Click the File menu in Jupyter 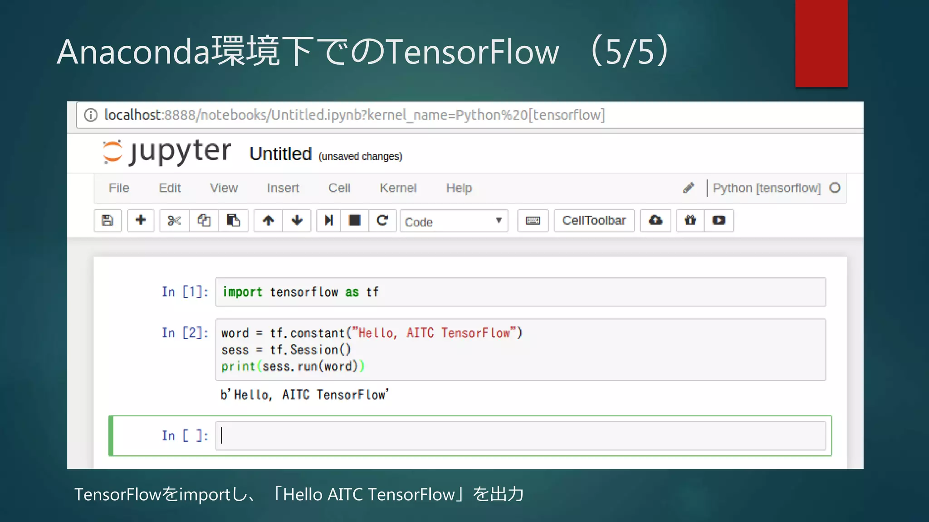pos(119,188)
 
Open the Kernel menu pos(398,188)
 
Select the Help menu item pos(459,188)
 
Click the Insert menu pos(283,188)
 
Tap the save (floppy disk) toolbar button pos(108,221)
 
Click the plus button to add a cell pos(141,221)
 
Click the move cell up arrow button pos(269,221)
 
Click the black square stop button pos(354,221)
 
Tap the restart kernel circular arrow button pos(382,221)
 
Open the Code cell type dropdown pos(454,221)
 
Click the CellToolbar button pos(594,221)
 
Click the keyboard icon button pos(533,221)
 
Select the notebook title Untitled pos(280,154)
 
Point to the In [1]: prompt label pos(185,292)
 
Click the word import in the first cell pos(242,292)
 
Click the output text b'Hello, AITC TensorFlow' pos(304,395)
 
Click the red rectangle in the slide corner pos(821,43)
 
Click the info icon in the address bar pos(91,115)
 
